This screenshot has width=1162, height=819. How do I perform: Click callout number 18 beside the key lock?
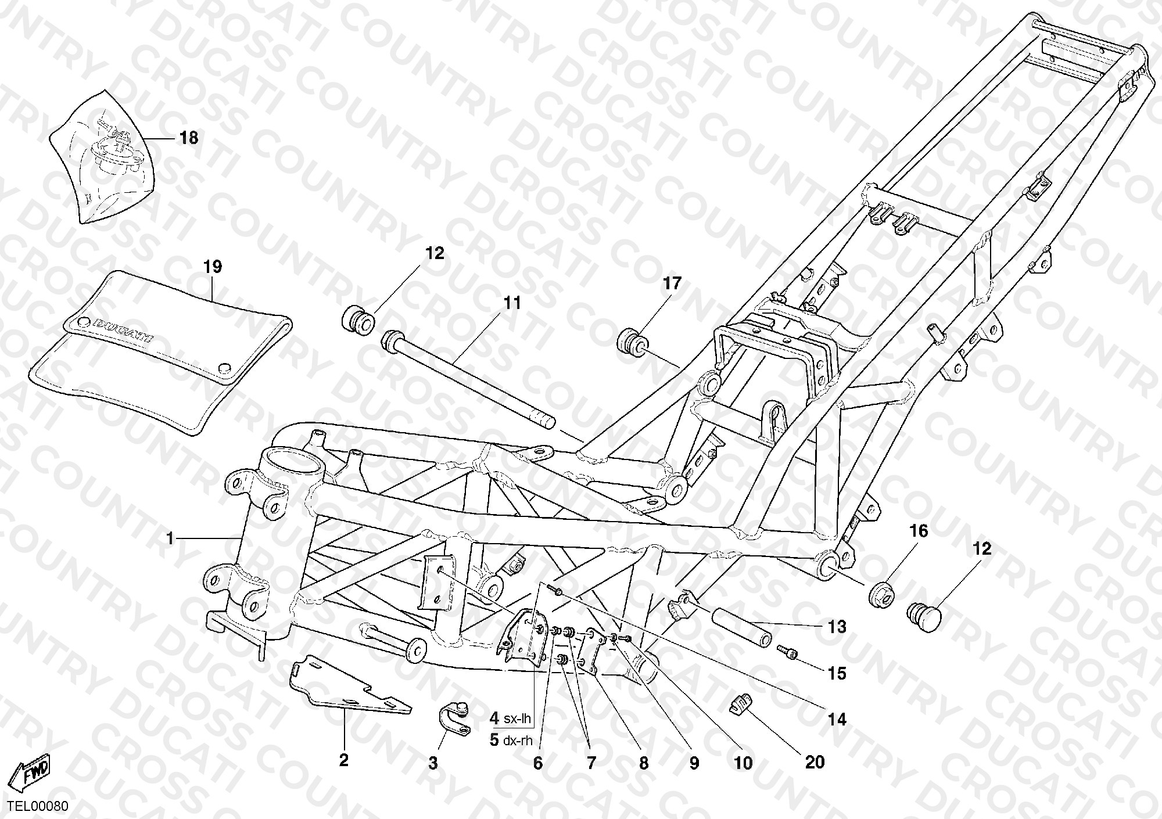tap(189, 138)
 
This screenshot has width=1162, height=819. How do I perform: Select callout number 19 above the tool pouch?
tap(213, 267)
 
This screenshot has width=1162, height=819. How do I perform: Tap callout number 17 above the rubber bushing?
tap(672, 283)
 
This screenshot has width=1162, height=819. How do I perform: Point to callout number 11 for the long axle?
tap(512, 303)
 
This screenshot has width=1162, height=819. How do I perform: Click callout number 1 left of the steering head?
tap(170, 539)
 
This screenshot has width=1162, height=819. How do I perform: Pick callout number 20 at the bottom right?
tap(815, 762)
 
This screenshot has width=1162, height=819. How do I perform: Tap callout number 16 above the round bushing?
tap(919, 531)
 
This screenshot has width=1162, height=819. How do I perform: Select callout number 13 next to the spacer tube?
tap(837, 627)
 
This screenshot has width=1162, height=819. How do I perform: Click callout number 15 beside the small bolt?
tap(837, 674)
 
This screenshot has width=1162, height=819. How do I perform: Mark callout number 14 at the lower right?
tap(837, 720)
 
